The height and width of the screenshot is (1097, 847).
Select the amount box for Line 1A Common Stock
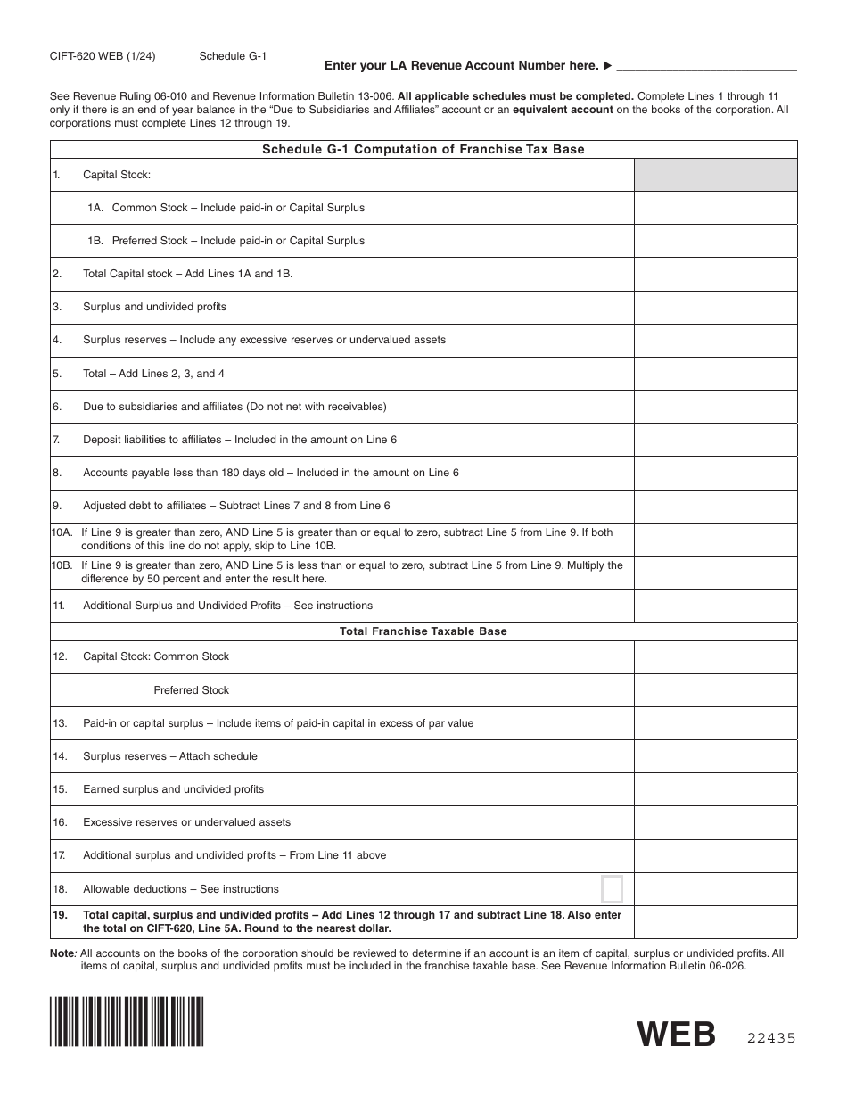pyautogui.click(x=715, y=208)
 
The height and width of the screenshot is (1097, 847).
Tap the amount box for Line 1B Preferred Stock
pyautogui.click(x=715, y=241)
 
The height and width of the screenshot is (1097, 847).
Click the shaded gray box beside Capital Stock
pyautogui.click(x=715, y=175)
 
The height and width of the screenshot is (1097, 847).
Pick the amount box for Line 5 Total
pyautogui.click(x=715, y=374)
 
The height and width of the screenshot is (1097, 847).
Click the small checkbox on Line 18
pyautogui.click(x=612, y=889)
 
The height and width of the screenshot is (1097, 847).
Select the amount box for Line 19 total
pyautogui.click(x=715, y=921)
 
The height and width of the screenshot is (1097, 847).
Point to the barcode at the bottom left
pyautogui.click(x=127, y=1021)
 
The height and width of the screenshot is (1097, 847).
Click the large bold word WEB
pyautogui.click(x=677, y=1035)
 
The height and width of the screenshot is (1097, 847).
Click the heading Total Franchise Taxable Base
pyautogui.click(x=423, y=631)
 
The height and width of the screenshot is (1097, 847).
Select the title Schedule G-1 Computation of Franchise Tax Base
pyautogui.click(x=423, y=149)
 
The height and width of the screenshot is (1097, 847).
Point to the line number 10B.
pyautogui.click(x=62, y=565)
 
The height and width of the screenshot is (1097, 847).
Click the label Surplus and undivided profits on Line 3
pyautogui.click(x=154, y=307)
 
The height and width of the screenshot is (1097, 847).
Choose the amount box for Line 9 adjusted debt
pyautogui.click(x=715, y=506)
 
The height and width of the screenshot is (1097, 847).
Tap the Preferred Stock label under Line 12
pyautogui.click(x=191, y=690)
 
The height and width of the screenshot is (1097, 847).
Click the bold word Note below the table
pyautogui.click(x=62, y=953)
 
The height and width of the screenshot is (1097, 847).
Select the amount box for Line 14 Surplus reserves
pyautogui.click(x=715, y=756)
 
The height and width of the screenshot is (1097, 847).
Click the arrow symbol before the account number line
pyautogui.click(x=607, y=65)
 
